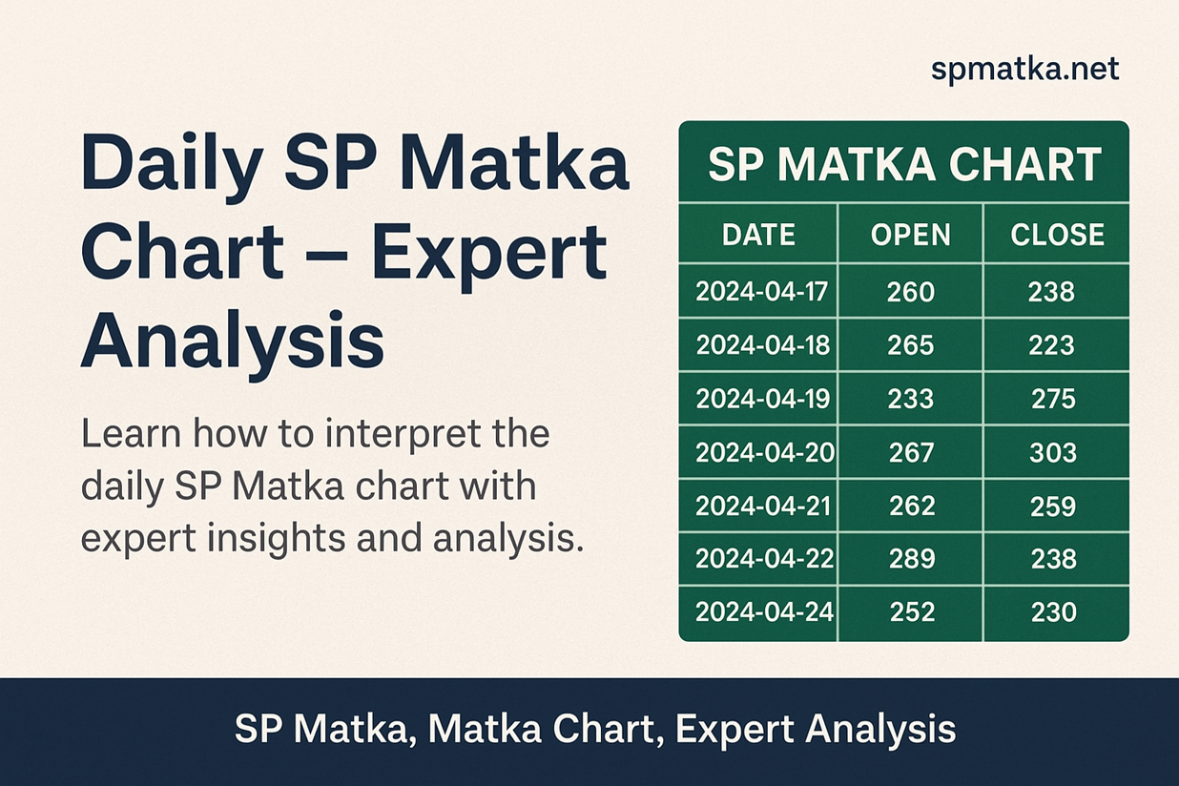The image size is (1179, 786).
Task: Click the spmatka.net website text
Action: [1024, 70]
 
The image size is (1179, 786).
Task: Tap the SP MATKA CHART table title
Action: [905, 164]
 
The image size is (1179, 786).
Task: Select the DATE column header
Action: [758, 235]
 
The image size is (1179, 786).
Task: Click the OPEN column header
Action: [911, 235]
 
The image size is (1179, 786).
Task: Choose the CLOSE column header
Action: [1057, 235]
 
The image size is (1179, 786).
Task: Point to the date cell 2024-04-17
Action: [761, 291]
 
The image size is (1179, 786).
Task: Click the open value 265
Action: [911, 345]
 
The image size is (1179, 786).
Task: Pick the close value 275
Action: [1053, 399]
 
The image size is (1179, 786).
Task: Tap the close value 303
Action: [1053, 453]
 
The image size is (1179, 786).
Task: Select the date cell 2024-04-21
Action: [763, 506]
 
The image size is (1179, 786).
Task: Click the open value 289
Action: [912, 559]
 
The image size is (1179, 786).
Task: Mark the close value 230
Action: [1054, 612]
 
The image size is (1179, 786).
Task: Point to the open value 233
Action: [911, 399]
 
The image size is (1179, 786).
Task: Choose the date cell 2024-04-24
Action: [764, 611]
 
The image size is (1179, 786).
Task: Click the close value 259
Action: [1053, 506]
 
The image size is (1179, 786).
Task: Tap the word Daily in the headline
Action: [172, 167]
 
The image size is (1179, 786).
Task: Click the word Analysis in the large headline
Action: [232, 341]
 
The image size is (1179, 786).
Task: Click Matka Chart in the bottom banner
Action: [542, 730]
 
